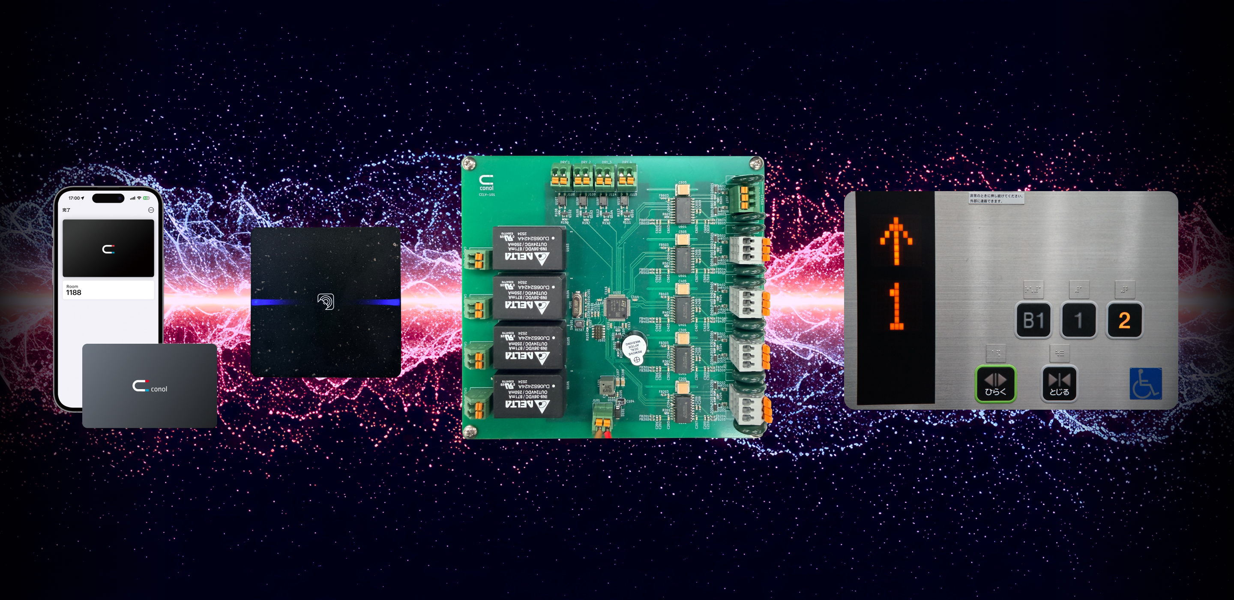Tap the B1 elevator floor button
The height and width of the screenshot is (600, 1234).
coord(1033,320)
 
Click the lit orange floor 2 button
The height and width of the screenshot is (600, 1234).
coord(1124,320)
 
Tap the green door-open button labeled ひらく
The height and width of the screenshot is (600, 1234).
coord(995,384)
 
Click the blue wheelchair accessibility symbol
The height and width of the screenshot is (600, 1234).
coord(1145,384)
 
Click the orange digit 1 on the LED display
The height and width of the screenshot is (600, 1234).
coord(896,306)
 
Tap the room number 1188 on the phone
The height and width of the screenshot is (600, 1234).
coord(74,292)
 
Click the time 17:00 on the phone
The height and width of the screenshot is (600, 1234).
coord(74,198)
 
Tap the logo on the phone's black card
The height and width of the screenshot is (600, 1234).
coord(108,249)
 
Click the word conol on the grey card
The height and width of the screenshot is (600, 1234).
coord(159,389)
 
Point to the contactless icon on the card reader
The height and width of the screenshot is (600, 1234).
coord(326,301)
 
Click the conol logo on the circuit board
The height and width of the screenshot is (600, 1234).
coord(486,183)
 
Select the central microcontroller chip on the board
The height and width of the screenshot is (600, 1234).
coord(617,307)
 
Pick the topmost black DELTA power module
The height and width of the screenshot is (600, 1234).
coord(528,248)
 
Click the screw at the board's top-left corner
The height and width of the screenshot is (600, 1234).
coord(469,163)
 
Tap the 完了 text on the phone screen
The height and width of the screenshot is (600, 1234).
coord(66,210)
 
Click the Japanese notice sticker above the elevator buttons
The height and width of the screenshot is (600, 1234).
coord(996,198)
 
